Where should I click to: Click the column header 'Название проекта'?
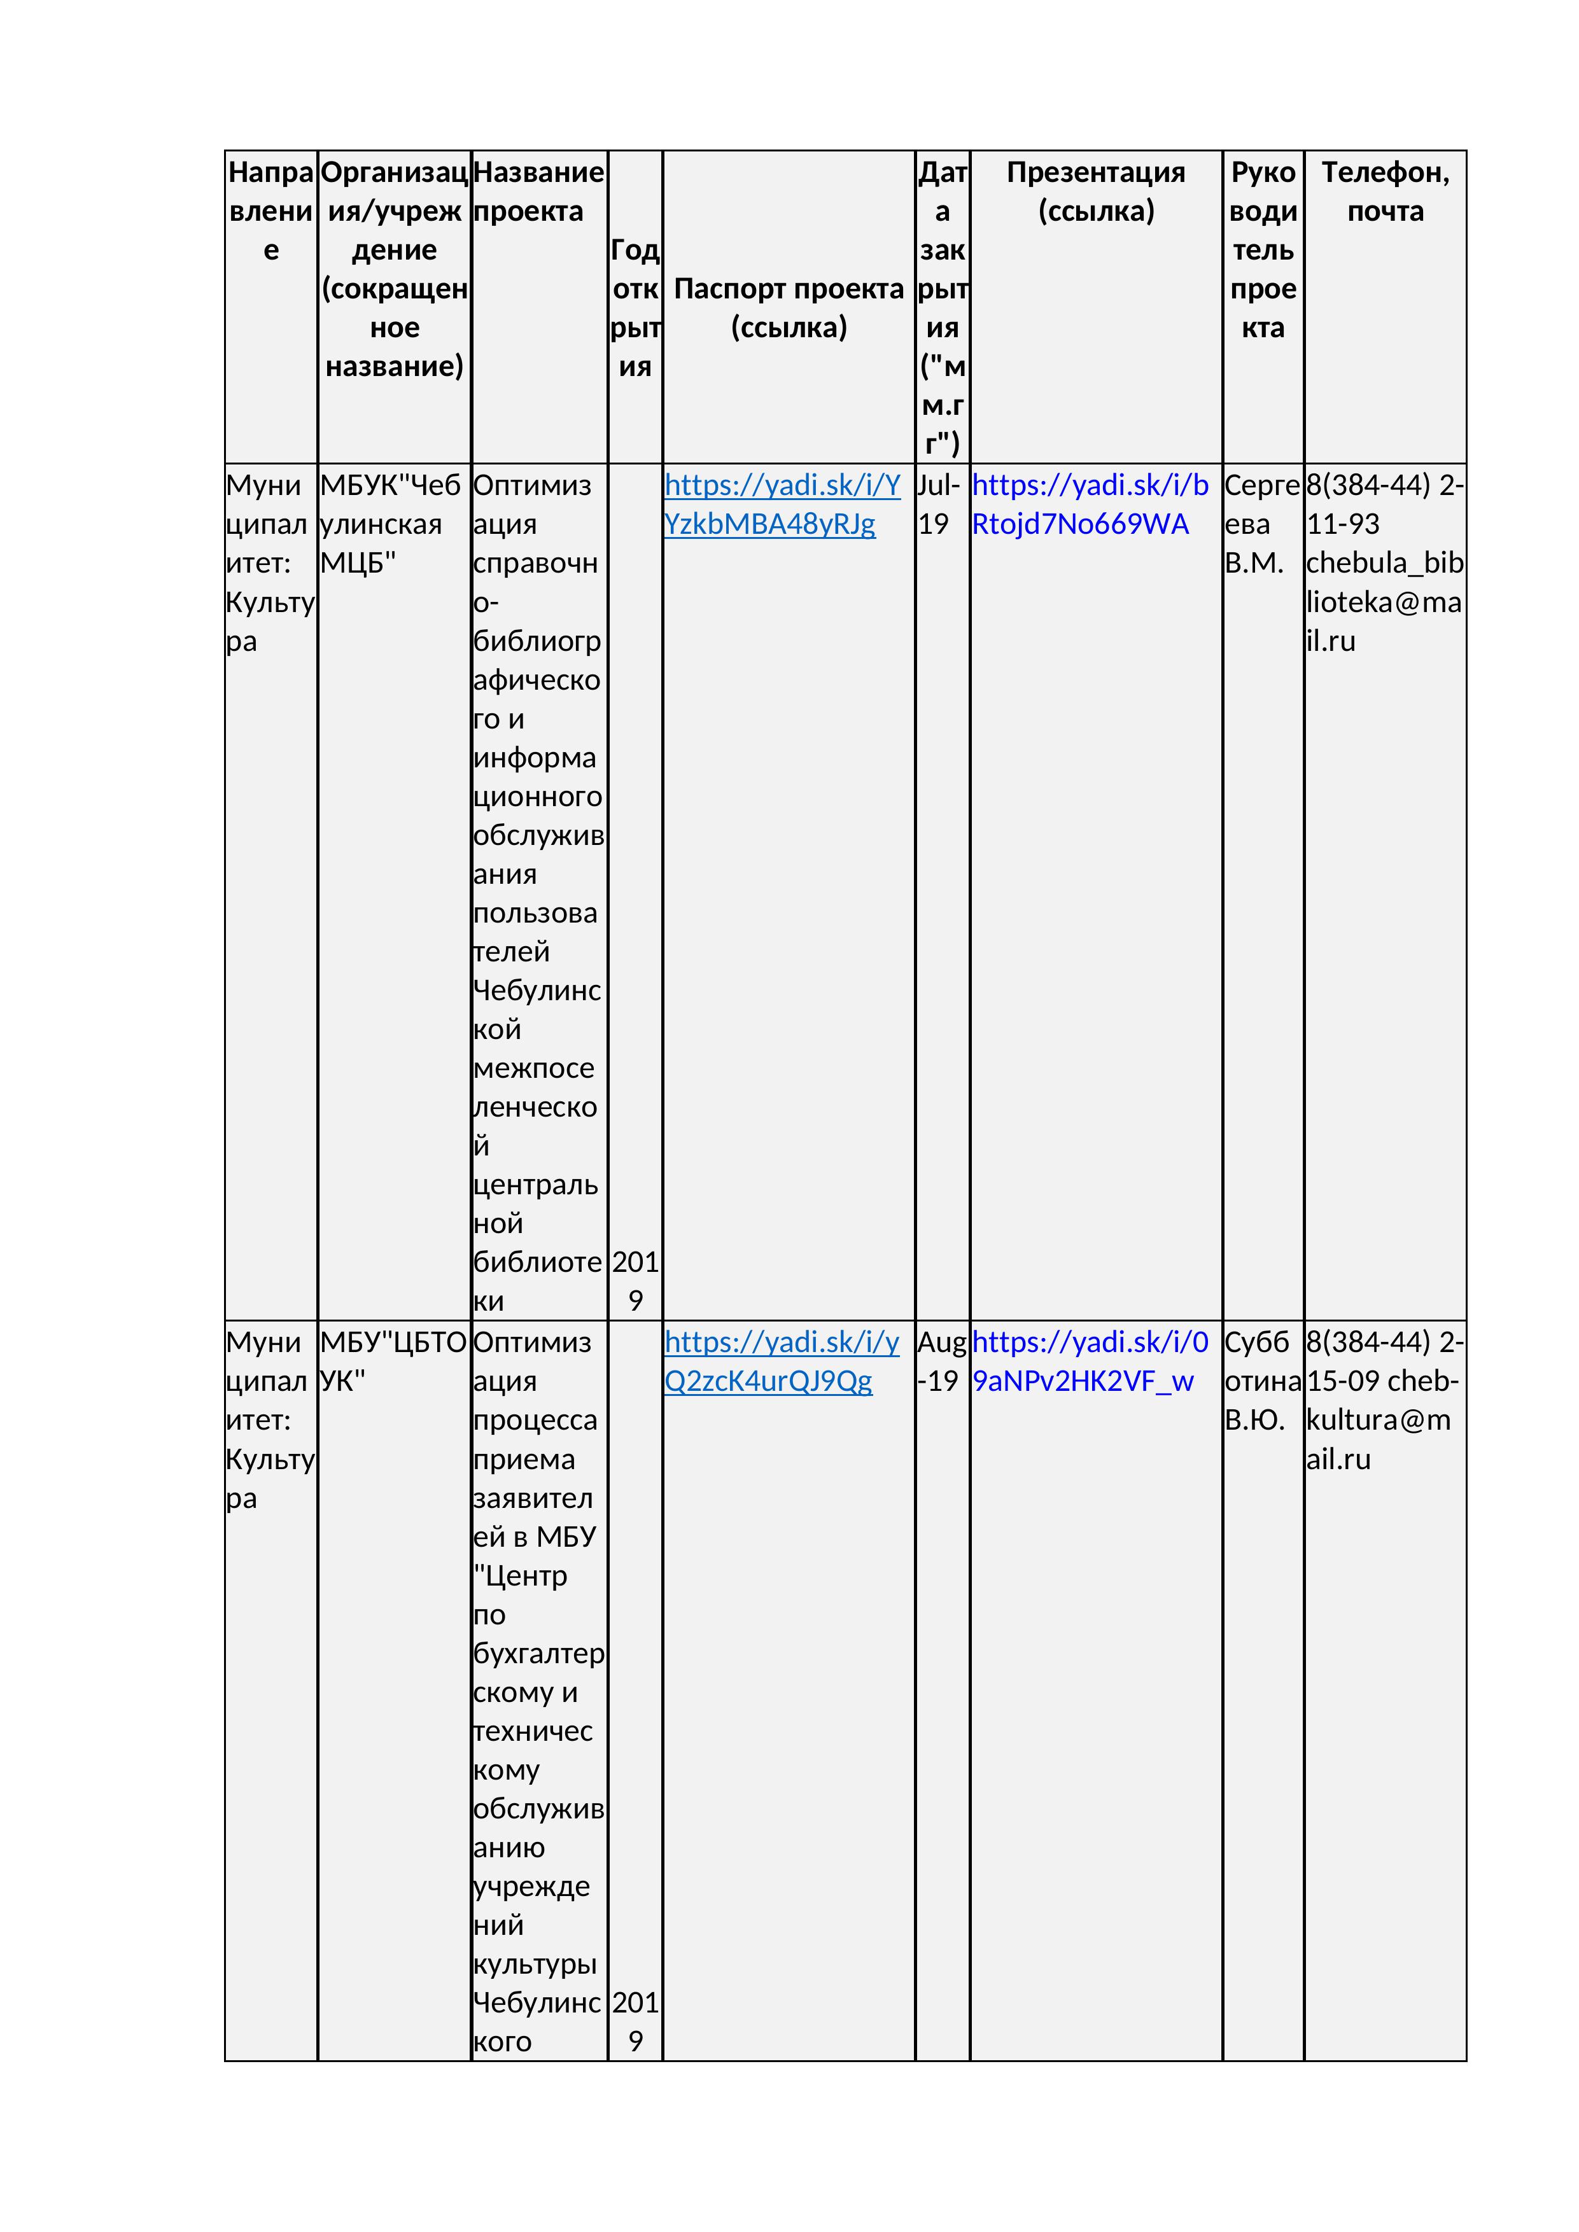pos(538,192)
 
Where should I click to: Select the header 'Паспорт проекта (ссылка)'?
pos(789,307)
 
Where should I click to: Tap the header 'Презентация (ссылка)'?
pos(1096,192)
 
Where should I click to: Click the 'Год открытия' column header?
pos(635,307)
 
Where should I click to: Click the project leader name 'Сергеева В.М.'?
pos(1261,524)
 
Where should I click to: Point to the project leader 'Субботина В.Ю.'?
pos(1261,1381)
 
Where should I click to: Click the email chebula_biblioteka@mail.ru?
pos(1384,602)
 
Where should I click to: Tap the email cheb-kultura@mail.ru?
pos(1384,1420)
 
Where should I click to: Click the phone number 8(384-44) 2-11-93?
pos(1384,505)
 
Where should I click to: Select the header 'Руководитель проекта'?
pos(1262,250)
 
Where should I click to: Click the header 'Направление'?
pos(270,211)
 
